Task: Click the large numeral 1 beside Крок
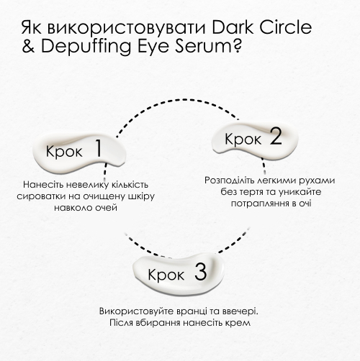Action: [x=99, y=148]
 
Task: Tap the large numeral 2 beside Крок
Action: [x=276, y=136]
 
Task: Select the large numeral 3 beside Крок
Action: [x=201, y=272]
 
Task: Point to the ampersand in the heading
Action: [x=28, y=45]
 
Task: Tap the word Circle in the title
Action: [x=286, y=27]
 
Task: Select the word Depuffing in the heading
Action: [x=86, y=46]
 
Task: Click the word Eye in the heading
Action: [x=153, y=46]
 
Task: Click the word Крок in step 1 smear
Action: [x=64, y=152]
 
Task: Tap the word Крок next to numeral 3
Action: [x=166, y=275]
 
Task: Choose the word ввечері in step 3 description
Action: [x=240, y=311]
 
